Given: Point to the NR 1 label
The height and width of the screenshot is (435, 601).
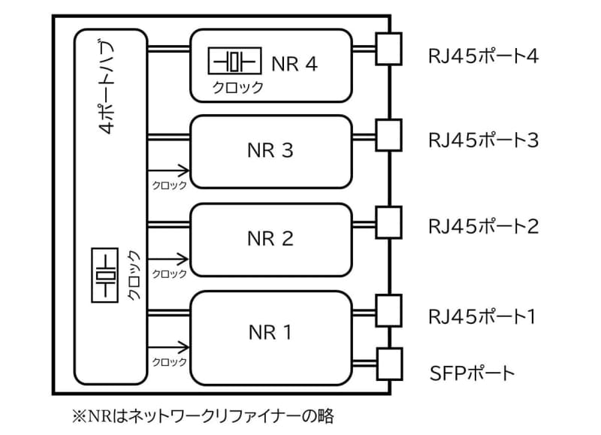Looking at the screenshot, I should pyautogui.click(x=269, y=331).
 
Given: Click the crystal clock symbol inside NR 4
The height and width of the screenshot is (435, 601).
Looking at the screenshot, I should pyautogui.click(x=234, y=60).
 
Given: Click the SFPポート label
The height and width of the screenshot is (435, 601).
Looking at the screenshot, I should pyautogui.click(x=473, y=372).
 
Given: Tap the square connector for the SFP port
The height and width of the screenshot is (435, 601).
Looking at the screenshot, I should pyautogui.click(x=390, y=364).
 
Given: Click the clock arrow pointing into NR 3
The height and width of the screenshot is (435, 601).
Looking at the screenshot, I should pyautogui.click(x=168, y=171).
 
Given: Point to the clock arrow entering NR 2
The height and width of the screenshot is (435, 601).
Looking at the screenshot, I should pyautogui.click(x=168, y=259).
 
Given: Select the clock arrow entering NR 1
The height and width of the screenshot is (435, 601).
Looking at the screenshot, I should pyautogui.click(x=168, y=347).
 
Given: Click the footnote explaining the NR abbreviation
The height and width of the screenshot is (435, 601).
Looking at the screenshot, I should pyautogui.click(x=201, y=415).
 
